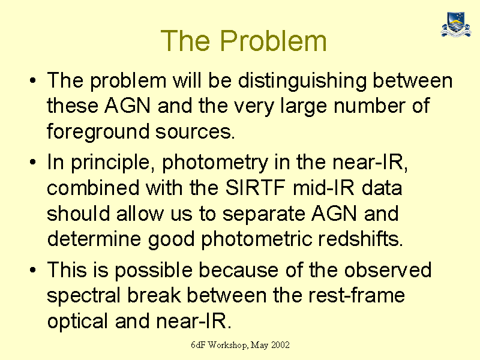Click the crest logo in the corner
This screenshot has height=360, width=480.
(456, 25)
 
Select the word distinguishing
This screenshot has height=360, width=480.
(302, 82)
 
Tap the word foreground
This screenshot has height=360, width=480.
(98, 132)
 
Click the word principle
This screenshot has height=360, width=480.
(113, 163)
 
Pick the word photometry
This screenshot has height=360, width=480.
(215, 163)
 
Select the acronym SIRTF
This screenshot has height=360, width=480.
(256, 187)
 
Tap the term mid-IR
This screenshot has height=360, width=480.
(323, 187)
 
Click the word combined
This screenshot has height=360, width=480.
(93, 187)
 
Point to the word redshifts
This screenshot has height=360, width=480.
(361, 238)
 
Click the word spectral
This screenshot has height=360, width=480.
(83, 296)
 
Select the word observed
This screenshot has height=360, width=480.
(388, 270)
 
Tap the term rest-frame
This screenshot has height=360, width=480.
(356, 296)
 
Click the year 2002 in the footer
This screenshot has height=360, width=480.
(280, 345)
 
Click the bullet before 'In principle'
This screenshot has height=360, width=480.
(33, 161)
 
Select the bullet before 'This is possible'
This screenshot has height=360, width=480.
(33, 269)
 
